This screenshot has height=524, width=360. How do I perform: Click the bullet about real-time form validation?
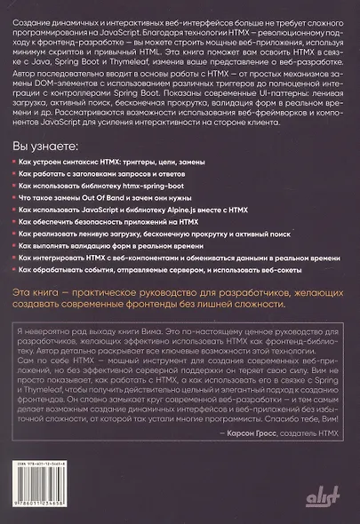[x=124, y=254]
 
